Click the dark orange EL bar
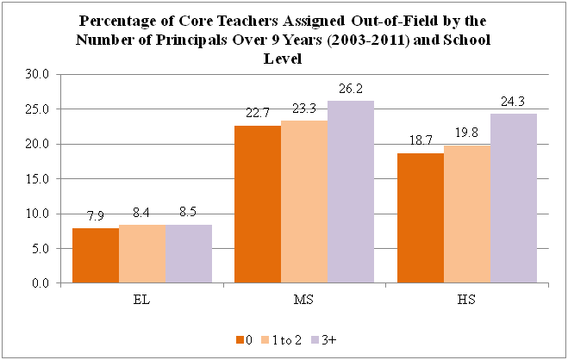point(96,255)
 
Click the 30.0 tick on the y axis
point(41,75)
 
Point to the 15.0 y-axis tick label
point(41,179)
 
